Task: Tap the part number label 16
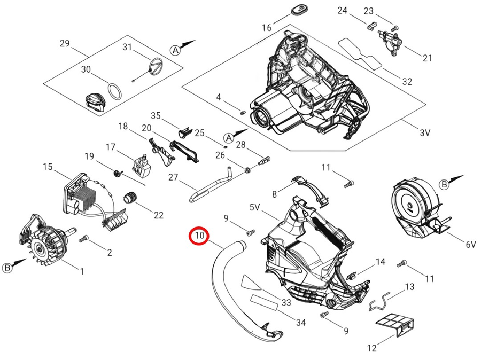(x=267, y=27)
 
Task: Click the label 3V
(x=425, y=133)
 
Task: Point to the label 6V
(x=470, y=244)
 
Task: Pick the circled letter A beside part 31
(x=175, y=50)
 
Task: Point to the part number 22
(x=159, y=215)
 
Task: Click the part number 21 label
(x=427, y=58)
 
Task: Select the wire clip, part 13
(x=384, y=302)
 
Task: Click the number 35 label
(x=156, y=115)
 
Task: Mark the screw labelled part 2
(x=83, y=240)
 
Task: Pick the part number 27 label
(x=172, y=177)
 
